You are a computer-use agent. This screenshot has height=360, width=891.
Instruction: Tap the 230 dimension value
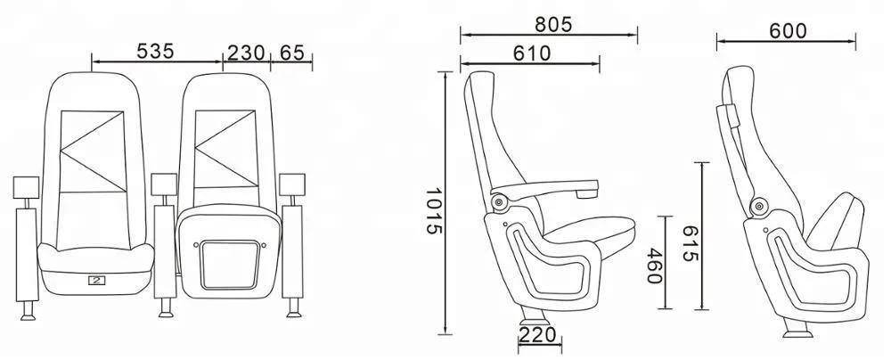246,52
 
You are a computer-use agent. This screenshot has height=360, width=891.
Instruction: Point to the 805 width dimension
547,23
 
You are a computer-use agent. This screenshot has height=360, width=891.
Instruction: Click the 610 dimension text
530,53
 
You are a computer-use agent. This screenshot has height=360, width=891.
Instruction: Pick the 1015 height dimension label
434,210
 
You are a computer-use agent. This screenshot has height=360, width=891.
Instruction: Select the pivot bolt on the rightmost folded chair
759,205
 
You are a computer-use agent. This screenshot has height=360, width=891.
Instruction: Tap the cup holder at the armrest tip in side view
586,191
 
